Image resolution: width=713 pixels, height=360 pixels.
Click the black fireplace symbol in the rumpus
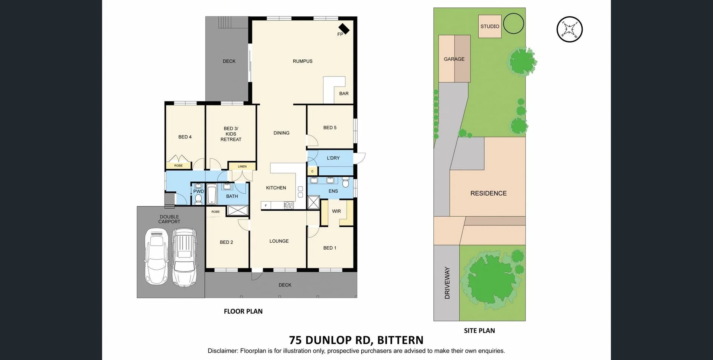coord(344,29)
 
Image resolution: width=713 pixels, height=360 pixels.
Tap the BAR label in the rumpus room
coord(344,94)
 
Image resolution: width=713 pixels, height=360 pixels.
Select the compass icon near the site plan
coord(569,29)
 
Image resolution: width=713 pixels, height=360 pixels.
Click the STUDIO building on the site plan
coord(490,26)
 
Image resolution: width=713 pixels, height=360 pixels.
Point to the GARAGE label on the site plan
coord(454,59)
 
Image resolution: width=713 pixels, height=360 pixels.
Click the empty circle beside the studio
coord(513,23)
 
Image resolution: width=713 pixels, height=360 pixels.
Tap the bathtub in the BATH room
coord(212,194)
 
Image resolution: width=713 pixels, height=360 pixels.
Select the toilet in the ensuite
coord(345,182)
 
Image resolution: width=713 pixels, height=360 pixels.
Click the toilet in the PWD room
coord(198,199)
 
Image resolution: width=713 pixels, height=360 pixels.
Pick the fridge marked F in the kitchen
coord(266,205)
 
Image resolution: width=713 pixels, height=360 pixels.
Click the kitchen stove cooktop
coord(289,205)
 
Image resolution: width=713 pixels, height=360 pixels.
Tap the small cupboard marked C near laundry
coord(312,171)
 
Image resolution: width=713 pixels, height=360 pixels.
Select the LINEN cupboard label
coord(242,166)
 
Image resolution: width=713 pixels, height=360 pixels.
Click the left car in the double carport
coord(156,256)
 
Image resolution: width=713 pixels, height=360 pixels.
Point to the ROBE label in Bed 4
coord(178,166)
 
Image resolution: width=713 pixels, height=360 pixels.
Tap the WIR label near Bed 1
coord(336,211)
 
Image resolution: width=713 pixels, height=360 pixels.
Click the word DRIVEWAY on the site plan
coord(447,283)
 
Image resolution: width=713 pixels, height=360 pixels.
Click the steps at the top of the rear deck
coord(225,22)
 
